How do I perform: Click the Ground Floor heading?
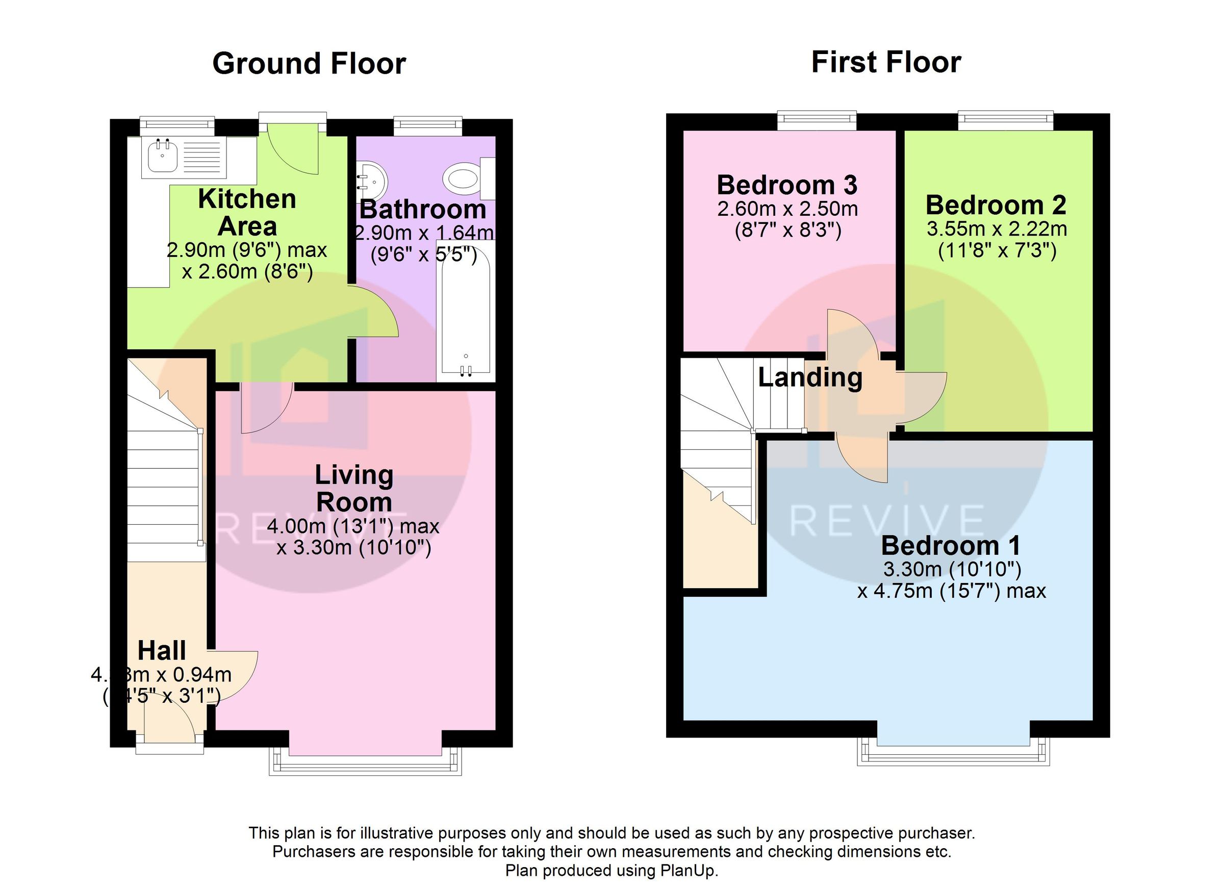tap(309, 64)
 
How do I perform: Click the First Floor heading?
tap(886, 62)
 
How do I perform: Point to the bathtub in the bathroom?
tap(465, 313)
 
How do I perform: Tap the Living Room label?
tap(354, 489)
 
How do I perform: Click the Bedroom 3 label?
tap(786, 185)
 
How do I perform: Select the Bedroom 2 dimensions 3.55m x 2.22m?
tap(997, 230)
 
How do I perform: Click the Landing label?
tap(809, 377)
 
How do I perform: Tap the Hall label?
tap(161, 650)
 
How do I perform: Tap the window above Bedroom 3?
tap(817, 119)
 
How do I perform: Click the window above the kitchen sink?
tap(177, 124)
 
